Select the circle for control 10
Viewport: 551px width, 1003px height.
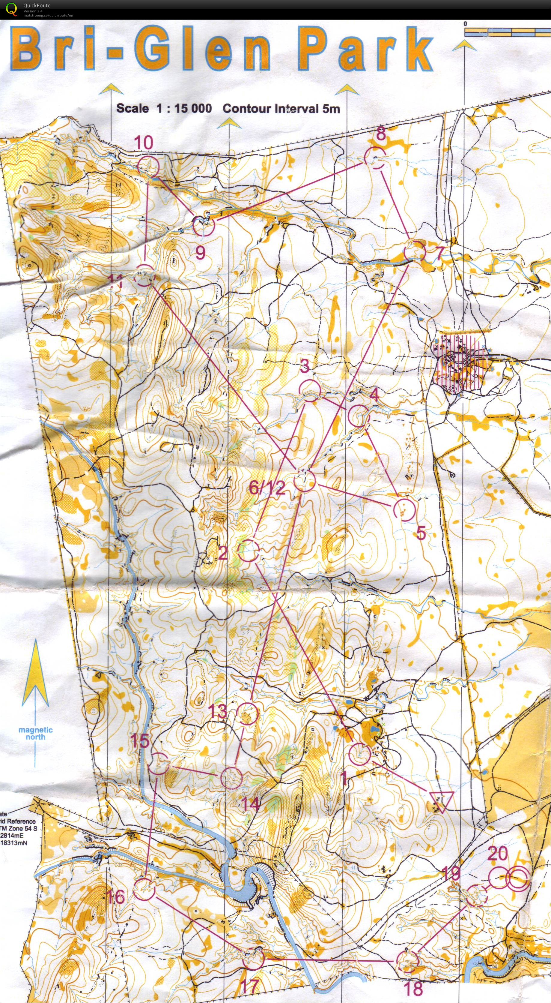(149, 166)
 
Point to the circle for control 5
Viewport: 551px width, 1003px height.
(405, 510)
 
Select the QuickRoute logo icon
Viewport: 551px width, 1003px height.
(12, 9)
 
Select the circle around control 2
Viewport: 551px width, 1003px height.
(248, 551)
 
